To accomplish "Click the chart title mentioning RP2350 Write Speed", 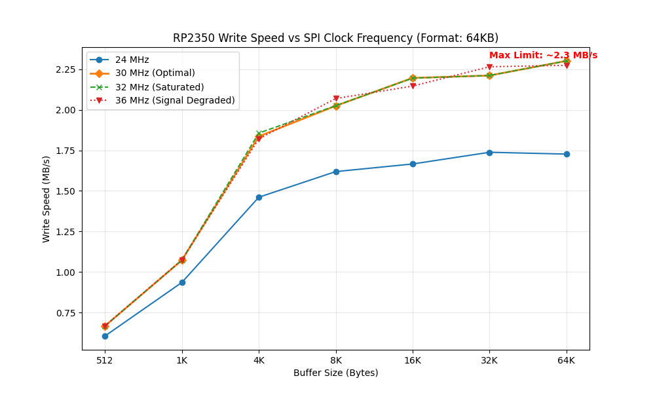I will [335, 38].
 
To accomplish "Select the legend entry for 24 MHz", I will [132, 60].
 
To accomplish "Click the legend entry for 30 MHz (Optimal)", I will [155, 73].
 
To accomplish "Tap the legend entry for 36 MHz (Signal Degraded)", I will [174, 100].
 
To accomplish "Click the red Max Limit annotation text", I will [543, 56].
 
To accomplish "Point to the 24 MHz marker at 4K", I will [259, 197].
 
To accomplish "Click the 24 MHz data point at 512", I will [105, 336].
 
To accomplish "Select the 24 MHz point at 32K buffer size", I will [489, 153].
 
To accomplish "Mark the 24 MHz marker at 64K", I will [567, 154].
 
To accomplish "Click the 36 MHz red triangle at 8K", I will [336, 99].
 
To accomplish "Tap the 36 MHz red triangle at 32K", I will [489, 67].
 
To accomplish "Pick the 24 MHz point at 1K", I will [182, 282].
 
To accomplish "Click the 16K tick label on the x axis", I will [413, 360].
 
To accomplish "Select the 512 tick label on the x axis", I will [105, 360].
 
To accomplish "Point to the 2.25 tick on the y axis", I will [65, 69].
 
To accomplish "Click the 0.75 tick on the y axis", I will [65, 313].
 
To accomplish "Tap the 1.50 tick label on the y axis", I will [65, 191].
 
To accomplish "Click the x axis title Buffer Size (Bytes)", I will [335, 373].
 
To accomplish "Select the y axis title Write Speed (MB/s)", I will [47, 199].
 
